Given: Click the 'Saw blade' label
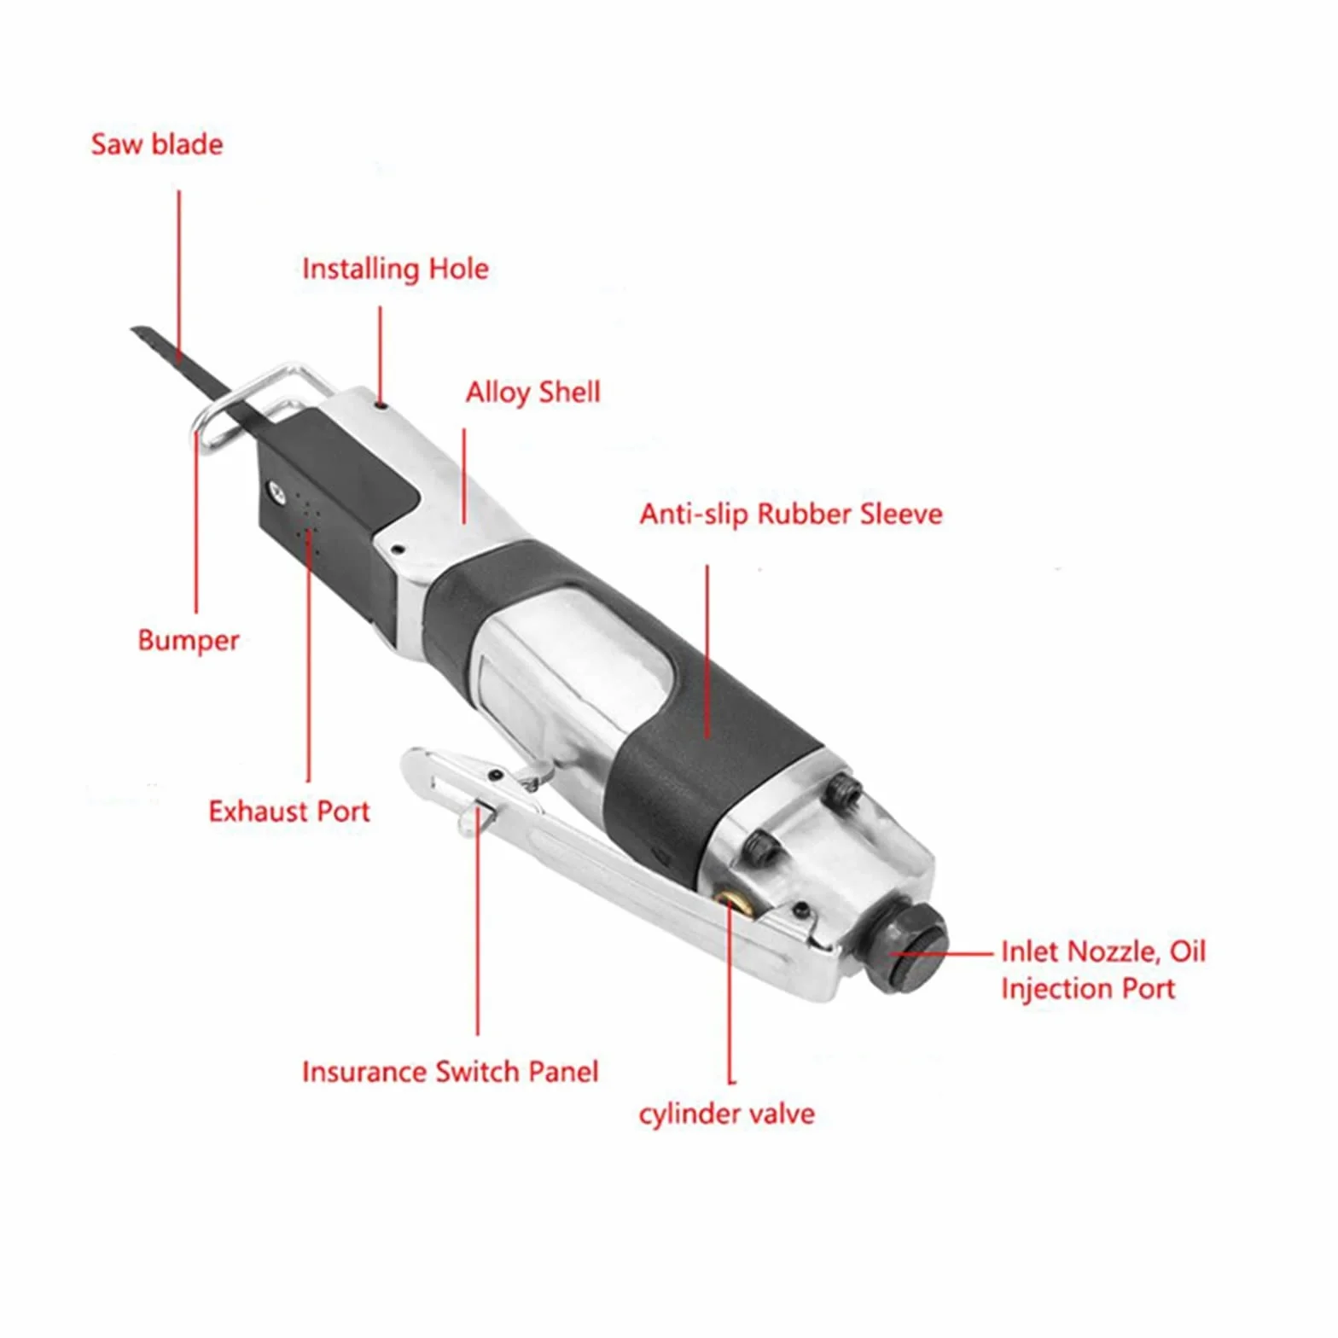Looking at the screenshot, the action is pos(157,144).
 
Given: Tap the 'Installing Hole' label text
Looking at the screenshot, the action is pos(396,270).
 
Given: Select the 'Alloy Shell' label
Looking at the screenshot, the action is pos(533,393).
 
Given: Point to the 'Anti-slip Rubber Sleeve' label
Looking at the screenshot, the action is pos(791,514).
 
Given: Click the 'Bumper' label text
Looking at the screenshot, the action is pos(189,641).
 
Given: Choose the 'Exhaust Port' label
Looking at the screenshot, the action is pos(289,811).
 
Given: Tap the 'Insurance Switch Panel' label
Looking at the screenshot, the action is pos(451,1072).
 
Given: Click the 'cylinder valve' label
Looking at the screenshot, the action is pos(727,1114).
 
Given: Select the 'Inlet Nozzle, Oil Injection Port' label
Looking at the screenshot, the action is pos(1103,970).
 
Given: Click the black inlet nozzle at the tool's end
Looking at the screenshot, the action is pos(910,949).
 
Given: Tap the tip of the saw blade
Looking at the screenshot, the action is pos(133,329).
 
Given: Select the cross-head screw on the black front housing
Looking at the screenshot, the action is pos(276,491).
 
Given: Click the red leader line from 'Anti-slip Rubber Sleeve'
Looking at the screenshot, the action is pos(707,651).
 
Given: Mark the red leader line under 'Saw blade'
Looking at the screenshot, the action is pos(179,273).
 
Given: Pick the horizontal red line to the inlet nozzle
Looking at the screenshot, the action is pos(942,953).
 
